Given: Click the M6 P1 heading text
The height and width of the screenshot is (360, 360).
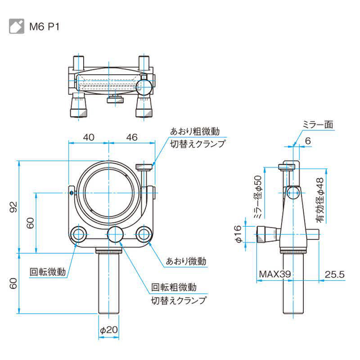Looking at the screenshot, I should click(44, 26).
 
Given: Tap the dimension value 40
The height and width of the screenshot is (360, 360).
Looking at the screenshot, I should click(89, 138).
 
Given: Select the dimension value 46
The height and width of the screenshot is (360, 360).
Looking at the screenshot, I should click(131, 138).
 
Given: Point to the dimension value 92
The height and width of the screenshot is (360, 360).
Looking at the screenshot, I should click(13, 207).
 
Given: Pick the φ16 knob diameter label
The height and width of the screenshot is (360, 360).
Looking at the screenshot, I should click(238, 234).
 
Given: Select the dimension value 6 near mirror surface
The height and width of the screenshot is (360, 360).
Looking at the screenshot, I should click(308, 141).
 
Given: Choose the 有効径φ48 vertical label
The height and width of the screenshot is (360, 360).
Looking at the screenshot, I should click(320, 200).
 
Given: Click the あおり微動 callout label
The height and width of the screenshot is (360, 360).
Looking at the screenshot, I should click(186, 261).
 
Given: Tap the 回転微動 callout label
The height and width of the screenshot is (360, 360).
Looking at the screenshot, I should click(48, 271).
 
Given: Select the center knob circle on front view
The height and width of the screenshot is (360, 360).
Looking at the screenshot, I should click(116, 234).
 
